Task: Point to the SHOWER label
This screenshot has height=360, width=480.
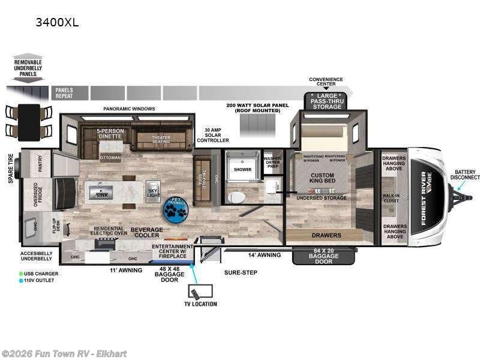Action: tap(242, 170)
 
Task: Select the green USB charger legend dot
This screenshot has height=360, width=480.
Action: tap(22, 273)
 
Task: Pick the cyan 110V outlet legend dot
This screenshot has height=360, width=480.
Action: tap(22, 280)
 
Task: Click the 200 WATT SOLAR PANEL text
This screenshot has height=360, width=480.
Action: tap(257, 108)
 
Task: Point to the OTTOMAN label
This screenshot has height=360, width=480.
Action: tap(110, 158)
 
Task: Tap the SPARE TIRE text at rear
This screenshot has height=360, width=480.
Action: tap(10, 167)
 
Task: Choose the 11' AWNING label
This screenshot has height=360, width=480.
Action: tap(127, 271)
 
